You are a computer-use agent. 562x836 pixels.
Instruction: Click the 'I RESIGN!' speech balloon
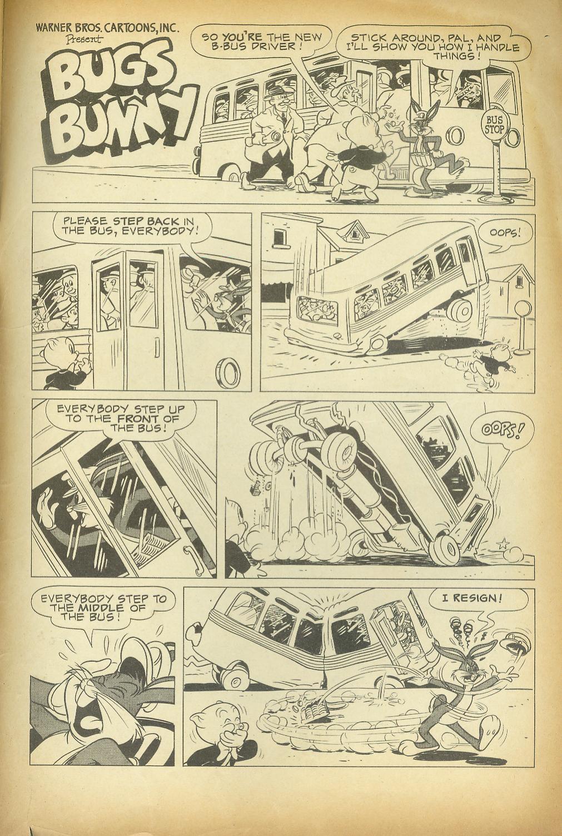[x=472, y=599]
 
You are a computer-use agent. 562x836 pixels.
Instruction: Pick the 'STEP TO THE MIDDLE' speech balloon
[x=103, y=608]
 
